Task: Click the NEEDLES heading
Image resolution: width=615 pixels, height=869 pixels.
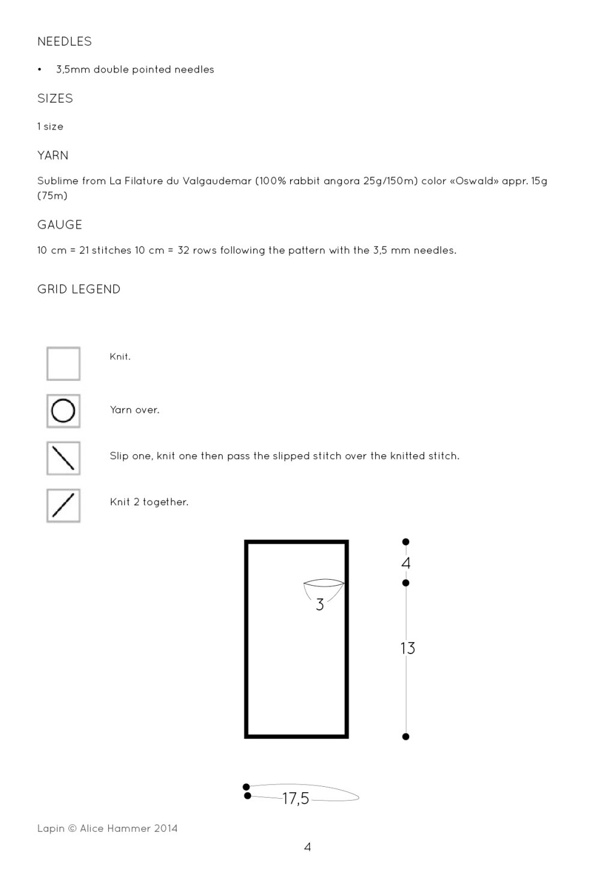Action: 64,41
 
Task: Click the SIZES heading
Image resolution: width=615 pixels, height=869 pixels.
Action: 55,98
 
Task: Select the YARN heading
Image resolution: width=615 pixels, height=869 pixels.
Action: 53,155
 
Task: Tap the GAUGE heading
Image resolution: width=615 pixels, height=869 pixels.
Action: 59,224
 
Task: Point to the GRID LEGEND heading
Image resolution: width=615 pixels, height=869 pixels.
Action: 79,289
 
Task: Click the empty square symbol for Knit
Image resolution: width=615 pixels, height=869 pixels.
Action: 63,364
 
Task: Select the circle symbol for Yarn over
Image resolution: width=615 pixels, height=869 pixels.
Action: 63,411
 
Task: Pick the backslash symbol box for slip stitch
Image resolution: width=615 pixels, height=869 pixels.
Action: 63,458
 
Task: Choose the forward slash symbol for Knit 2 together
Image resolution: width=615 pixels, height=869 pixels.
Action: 63,505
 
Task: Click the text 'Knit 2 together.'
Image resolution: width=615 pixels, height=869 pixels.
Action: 149,502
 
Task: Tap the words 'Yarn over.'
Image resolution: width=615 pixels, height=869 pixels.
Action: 135,410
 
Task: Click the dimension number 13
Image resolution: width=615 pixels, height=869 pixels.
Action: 408,648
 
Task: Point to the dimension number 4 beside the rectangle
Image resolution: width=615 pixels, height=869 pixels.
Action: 406,563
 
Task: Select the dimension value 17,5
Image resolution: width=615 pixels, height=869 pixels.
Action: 295,798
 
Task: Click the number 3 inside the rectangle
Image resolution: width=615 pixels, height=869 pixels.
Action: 320,605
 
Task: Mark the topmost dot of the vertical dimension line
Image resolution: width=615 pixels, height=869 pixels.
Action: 406,542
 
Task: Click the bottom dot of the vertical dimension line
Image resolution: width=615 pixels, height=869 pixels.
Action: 406,736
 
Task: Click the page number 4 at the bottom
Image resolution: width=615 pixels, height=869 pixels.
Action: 307,847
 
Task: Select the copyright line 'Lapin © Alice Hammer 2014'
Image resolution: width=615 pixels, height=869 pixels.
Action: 108,828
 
